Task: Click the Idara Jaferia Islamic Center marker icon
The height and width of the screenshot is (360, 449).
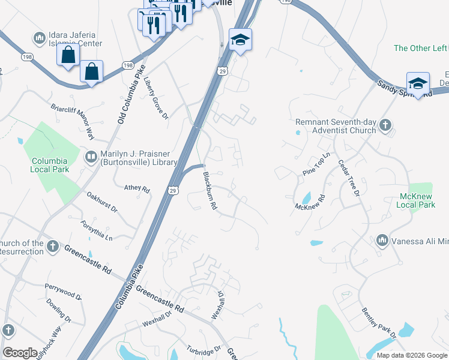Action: pos(40,38)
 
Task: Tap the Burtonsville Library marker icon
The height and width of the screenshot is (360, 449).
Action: pos(91,157)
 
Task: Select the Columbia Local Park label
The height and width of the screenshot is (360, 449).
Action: pos(50,165)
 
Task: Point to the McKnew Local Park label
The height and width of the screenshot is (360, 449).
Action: pos(416,200)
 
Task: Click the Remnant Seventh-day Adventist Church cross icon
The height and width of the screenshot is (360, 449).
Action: pos(385,125)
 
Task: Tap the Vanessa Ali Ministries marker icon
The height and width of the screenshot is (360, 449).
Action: pos(382,241)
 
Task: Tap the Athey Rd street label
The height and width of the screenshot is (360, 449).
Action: pos(137,188)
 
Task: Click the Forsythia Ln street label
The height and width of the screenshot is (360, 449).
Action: pos(97,230)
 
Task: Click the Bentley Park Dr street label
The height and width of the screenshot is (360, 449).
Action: pos(376,323)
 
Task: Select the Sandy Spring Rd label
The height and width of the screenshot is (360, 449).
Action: pos(405,90)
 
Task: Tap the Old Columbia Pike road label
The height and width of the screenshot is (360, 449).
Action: pos(130,94)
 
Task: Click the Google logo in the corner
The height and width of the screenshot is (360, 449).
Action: pos(20,353)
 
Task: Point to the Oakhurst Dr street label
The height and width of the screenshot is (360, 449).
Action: pos(101,202)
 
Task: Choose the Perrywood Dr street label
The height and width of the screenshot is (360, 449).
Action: pos(63,294)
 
